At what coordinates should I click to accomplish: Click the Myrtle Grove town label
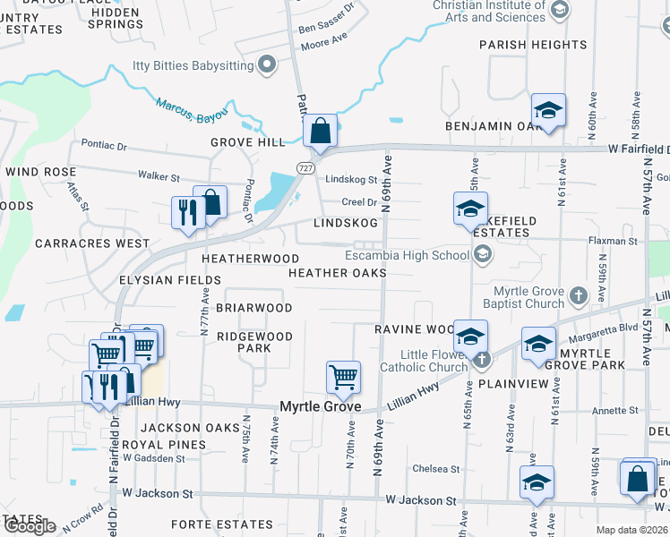point(322,407)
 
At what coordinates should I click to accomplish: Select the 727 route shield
point(306,167)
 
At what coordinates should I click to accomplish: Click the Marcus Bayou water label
point(192,108)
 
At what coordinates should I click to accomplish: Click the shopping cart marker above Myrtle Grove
point(343,378)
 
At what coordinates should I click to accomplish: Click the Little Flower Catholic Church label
point(425,361)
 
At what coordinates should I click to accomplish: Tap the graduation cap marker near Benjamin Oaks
point(547,111)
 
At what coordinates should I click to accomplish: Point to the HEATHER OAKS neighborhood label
point(337,273)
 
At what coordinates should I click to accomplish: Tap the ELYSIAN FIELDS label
point(170,280)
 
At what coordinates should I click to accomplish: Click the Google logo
point(30,526)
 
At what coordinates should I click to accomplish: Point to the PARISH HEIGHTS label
point(532,45)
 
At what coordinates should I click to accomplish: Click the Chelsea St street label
point(435,469)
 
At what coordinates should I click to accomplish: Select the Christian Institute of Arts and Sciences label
point(489,12)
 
